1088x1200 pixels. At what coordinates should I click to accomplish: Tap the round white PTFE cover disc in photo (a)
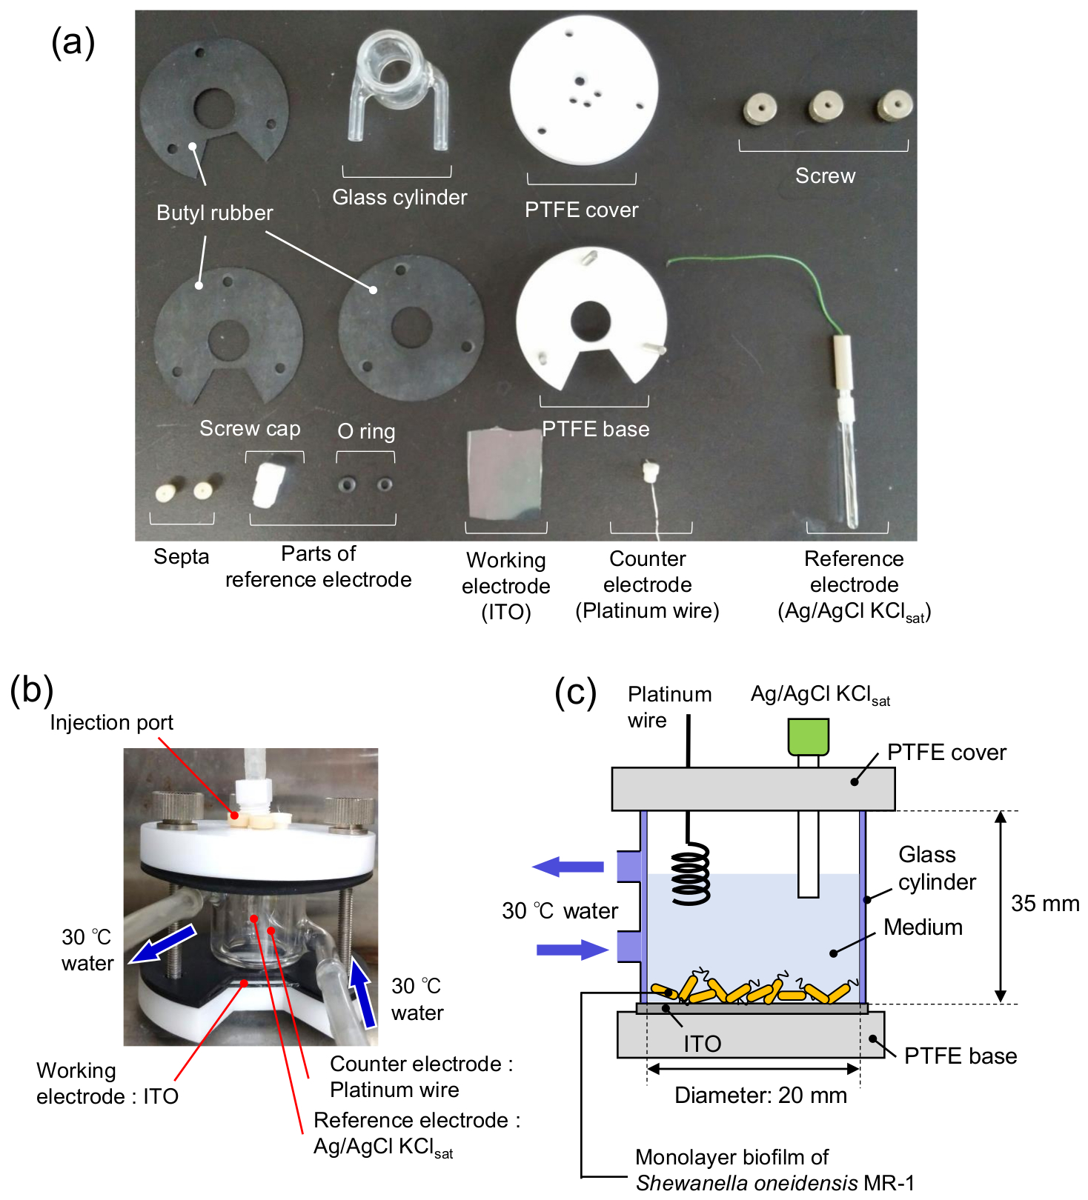pos(584,90)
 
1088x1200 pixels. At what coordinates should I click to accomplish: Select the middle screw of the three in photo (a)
pos(825,107)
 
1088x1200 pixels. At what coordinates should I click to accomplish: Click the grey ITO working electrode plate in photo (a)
pos(505,474)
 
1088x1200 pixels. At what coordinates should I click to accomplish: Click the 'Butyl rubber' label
pos(215,213)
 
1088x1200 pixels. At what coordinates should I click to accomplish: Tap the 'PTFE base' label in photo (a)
pos(596,429)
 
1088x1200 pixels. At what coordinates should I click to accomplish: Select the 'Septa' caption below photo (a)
pos(182,556)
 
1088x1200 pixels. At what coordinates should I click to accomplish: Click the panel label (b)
pos(32,690)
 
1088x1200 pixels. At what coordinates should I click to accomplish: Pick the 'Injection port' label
pos(112,722)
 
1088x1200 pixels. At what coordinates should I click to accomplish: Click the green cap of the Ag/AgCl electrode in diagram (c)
pos(808,736)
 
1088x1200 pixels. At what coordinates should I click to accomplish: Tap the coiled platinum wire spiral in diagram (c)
pos(691,873)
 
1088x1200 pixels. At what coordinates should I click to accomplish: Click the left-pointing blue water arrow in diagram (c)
pos(568,866)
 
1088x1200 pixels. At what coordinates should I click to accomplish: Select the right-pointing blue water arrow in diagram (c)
pos(572,950)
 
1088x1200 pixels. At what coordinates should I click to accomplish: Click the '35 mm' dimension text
pos(1045,903)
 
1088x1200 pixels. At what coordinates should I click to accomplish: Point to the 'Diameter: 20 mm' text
pos(760,1095)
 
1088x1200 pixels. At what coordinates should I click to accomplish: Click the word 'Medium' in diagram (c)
pos(923,927)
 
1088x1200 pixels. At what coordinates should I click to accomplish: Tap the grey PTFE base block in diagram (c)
pos(751,1035)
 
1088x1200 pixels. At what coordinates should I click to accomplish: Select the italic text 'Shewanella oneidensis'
pos(747,1182)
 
